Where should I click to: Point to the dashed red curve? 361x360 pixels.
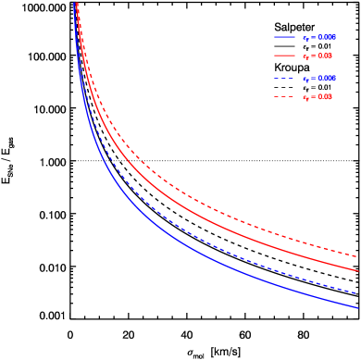tap(185, 192)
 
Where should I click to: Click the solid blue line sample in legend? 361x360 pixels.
tap(284, 38)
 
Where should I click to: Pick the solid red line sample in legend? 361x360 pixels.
tap(284, 56)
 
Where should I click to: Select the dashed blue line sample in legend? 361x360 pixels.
tap(284, 79)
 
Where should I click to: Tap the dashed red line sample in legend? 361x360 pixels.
tap(284, 97)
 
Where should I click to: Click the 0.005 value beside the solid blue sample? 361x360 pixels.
tap(327, 38)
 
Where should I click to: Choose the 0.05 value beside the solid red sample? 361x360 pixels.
tap(325, 56)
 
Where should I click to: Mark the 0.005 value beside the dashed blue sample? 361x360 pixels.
tap(327, 79)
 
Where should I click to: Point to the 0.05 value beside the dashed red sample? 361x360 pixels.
tap(325, 97)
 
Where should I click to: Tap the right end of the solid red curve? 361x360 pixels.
tap(358, 271)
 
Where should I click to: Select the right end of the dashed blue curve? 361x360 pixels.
tap(358, 292)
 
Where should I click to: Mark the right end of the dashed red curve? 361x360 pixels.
tap(358, 256)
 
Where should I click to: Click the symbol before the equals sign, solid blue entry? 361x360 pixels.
tap(305, 39)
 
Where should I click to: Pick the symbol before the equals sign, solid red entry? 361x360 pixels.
tap(305, 57)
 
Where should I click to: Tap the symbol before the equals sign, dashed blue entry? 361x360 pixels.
tap(305, 80)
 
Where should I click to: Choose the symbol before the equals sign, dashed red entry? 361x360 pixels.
tap(305, 98)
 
